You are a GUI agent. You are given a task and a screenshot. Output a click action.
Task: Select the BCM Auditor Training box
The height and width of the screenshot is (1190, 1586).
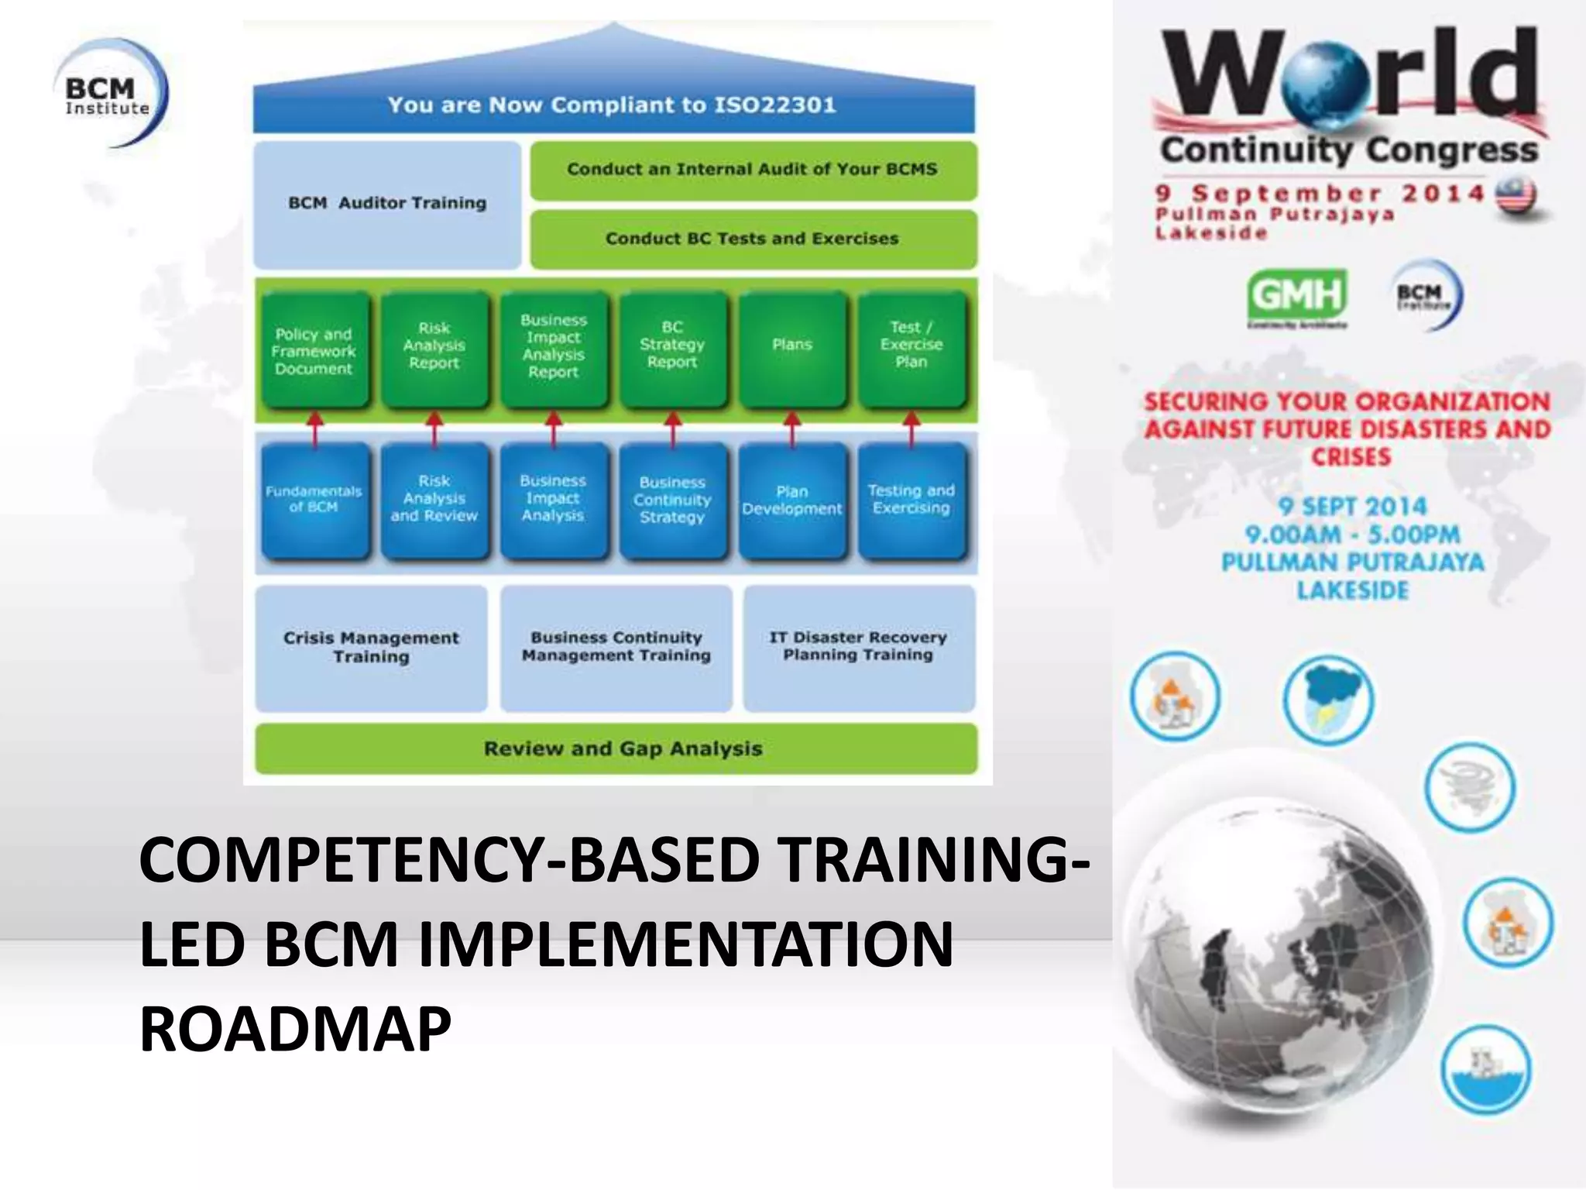pos(387,204)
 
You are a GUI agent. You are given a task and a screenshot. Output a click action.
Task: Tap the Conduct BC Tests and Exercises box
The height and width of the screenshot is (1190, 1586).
pos(753,239)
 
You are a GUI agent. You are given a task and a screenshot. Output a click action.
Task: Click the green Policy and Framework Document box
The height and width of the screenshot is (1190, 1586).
pos(314,351)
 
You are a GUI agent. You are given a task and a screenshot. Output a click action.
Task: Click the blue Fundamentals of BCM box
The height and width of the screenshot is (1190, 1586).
pos(314,500)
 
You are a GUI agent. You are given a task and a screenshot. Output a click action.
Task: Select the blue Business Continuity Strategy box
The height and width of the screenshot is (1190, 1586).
pos(672,500)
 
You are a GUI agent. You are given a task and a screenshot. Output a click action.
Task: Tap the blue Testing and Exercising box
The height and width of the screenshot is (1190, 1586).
pos(911,500)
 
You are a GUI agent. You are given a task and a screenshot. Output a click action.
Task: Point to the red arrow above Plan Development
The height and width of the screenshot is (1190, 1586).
pos(792,428)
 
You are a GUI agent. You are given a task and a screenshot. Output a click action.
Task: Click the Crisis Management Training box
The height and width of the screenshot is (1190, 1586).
pos(371,648)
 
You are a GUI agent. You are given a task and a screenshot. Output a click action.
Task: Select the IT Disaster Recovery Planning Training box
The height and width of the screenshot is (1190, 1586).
pos(858,647)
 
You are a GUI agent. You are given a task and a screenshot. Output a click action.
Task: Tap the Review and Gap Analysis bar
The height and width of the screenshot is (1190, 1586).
pos(616,748)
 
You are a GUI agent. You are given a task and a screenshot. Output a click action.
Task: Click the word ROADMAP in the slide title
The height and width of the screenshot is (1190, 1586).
pos(295,1030)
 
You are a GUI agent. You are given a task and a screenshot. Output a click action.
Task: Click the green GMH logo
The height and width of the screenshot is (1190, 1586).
pos(1297,295)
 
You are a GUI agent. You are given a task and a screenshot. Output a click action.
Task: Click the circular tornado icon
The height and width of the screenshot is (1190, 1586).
pos(1470,787)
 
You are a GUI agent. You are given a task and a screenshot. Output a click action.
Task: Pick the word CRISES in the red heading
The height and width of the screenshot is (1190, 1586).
pos(1351,457)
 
